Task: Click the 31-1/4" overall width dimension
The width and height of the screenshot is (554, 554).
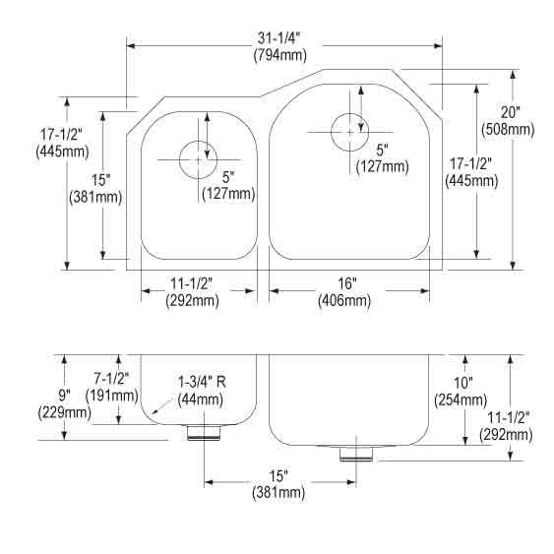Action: pos(278,38)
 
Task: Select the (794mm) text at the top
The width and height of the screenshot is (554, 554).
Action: pos(280,55)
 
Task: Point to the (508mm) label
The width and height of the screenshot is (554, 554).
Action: pos(508,129)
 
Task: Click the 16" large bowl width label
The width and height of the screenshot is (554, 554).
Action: pos(347,283)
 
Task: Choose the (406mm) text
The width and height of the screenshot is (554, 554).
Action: pos(344,301)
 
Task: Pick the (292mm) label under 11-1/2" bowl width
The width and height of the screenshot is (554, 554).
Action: pos(192,300)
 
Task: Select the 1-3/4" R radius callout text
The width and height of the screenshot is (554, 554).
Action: pos(202,382)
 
